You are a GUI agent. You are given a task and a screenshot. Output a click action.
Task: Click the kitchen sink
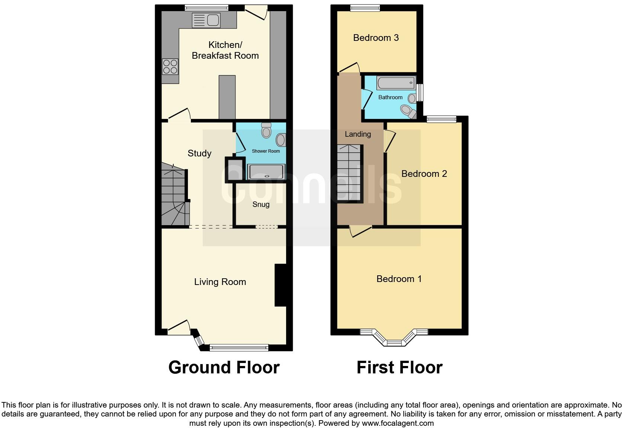coord(206,20)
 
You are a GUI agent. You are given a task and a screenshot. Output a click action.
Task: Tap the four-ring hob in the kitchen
coord(170,67)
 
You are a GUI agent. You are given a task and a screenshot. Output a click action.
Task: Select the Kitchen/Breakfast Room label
coord(225,50)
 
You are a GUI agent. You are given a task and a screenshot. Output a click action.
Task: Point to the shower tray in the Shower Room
coord(266,172)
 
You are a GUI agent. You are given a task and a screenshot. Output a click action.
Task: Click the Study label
coord(199,153)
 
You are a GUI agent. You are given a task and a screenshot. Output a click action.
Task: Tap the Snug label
coord(261,204)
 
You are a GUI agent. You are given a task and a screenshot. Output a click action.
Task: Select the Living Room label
coord(220,282)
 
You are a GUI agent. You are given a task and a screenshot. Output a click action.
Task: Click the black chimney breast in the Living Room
coord(280,285)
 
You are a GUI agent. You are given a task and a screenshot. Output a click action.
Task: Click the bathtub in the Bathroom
coord(396,83)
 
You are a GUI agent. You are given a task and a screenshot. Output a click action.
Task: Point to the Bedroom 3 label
coord(376,38)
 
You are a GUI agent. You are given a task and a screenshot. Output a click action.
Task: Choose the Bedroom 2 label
coord(424,174)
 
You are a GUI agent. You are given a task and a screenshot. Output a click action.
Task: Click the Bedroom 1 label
coord(399,279)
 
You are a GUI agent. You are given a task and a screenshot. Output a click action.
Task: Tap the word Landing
coord(358,134)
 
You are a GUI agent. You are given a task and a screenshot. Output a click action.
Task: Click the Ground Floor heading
coord(224,367)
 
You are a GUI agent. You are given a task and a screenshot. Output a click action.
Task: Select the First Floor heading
coord(399,367)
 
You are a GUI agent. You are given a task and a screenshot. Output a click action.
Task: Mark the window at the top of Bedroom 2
coord(441,119)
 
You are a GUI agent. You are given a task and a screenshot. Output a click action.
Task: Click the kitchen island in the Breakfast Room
coord(227,97)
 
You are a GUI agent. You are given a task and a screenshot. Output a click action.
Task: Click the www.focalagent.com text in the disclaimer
coord(397,423)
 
